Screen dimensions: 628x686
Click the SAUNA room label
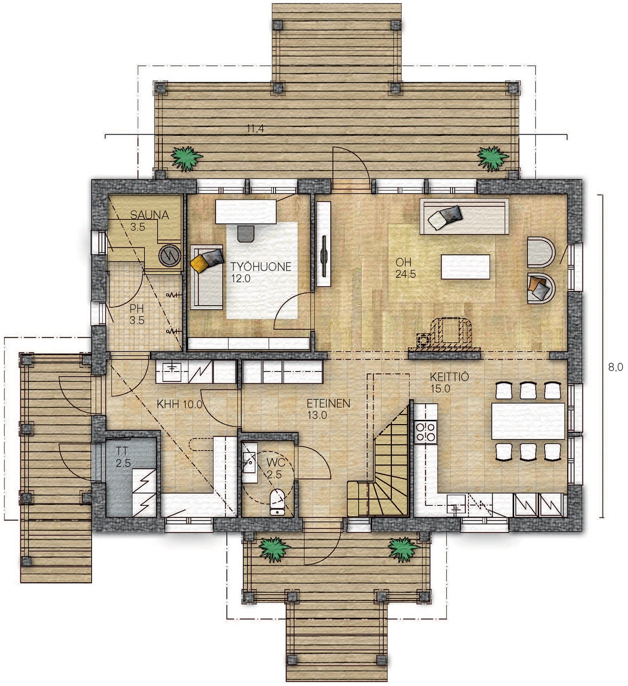click(x=150, y=215)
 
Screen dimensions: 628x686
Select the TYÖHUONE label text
click(x=261, y=267)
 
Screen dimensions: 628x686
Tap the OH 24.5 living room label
click(x=405, y=268)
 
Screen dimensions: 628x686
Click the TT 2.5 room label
click(x=121, y=457)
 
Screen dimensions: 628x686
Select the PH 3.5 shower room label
click(x=137, y=314)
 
